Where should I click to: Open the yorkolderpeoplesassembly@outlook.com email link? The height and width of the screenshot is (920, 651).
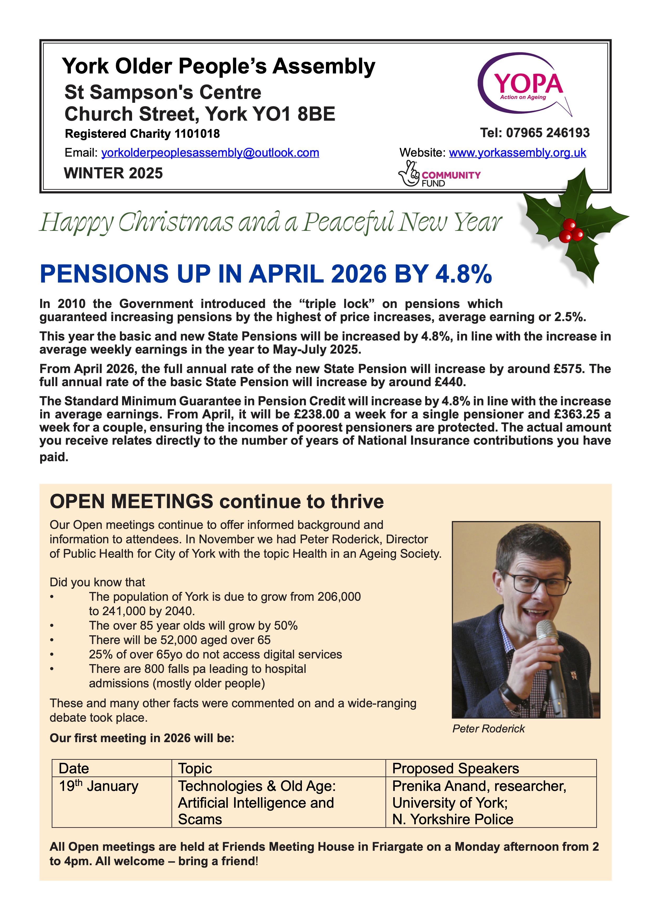(210, 153)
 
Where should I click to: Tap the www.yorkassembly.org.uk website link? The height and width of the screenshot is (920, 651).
(517, 153)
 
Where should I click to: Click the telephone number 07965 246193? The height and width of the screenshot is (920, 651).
(548, 133)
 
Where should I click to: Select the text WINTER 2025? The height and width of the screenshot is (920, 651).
(113, 173)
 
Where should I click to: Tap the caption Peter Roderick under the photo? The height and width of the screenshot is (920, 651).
(488, 729)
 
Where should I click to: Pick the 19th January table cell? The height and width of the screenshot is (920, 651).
(99, 786)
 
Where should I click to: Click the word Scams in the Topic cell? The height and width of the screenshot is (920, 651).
(200, 820)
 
